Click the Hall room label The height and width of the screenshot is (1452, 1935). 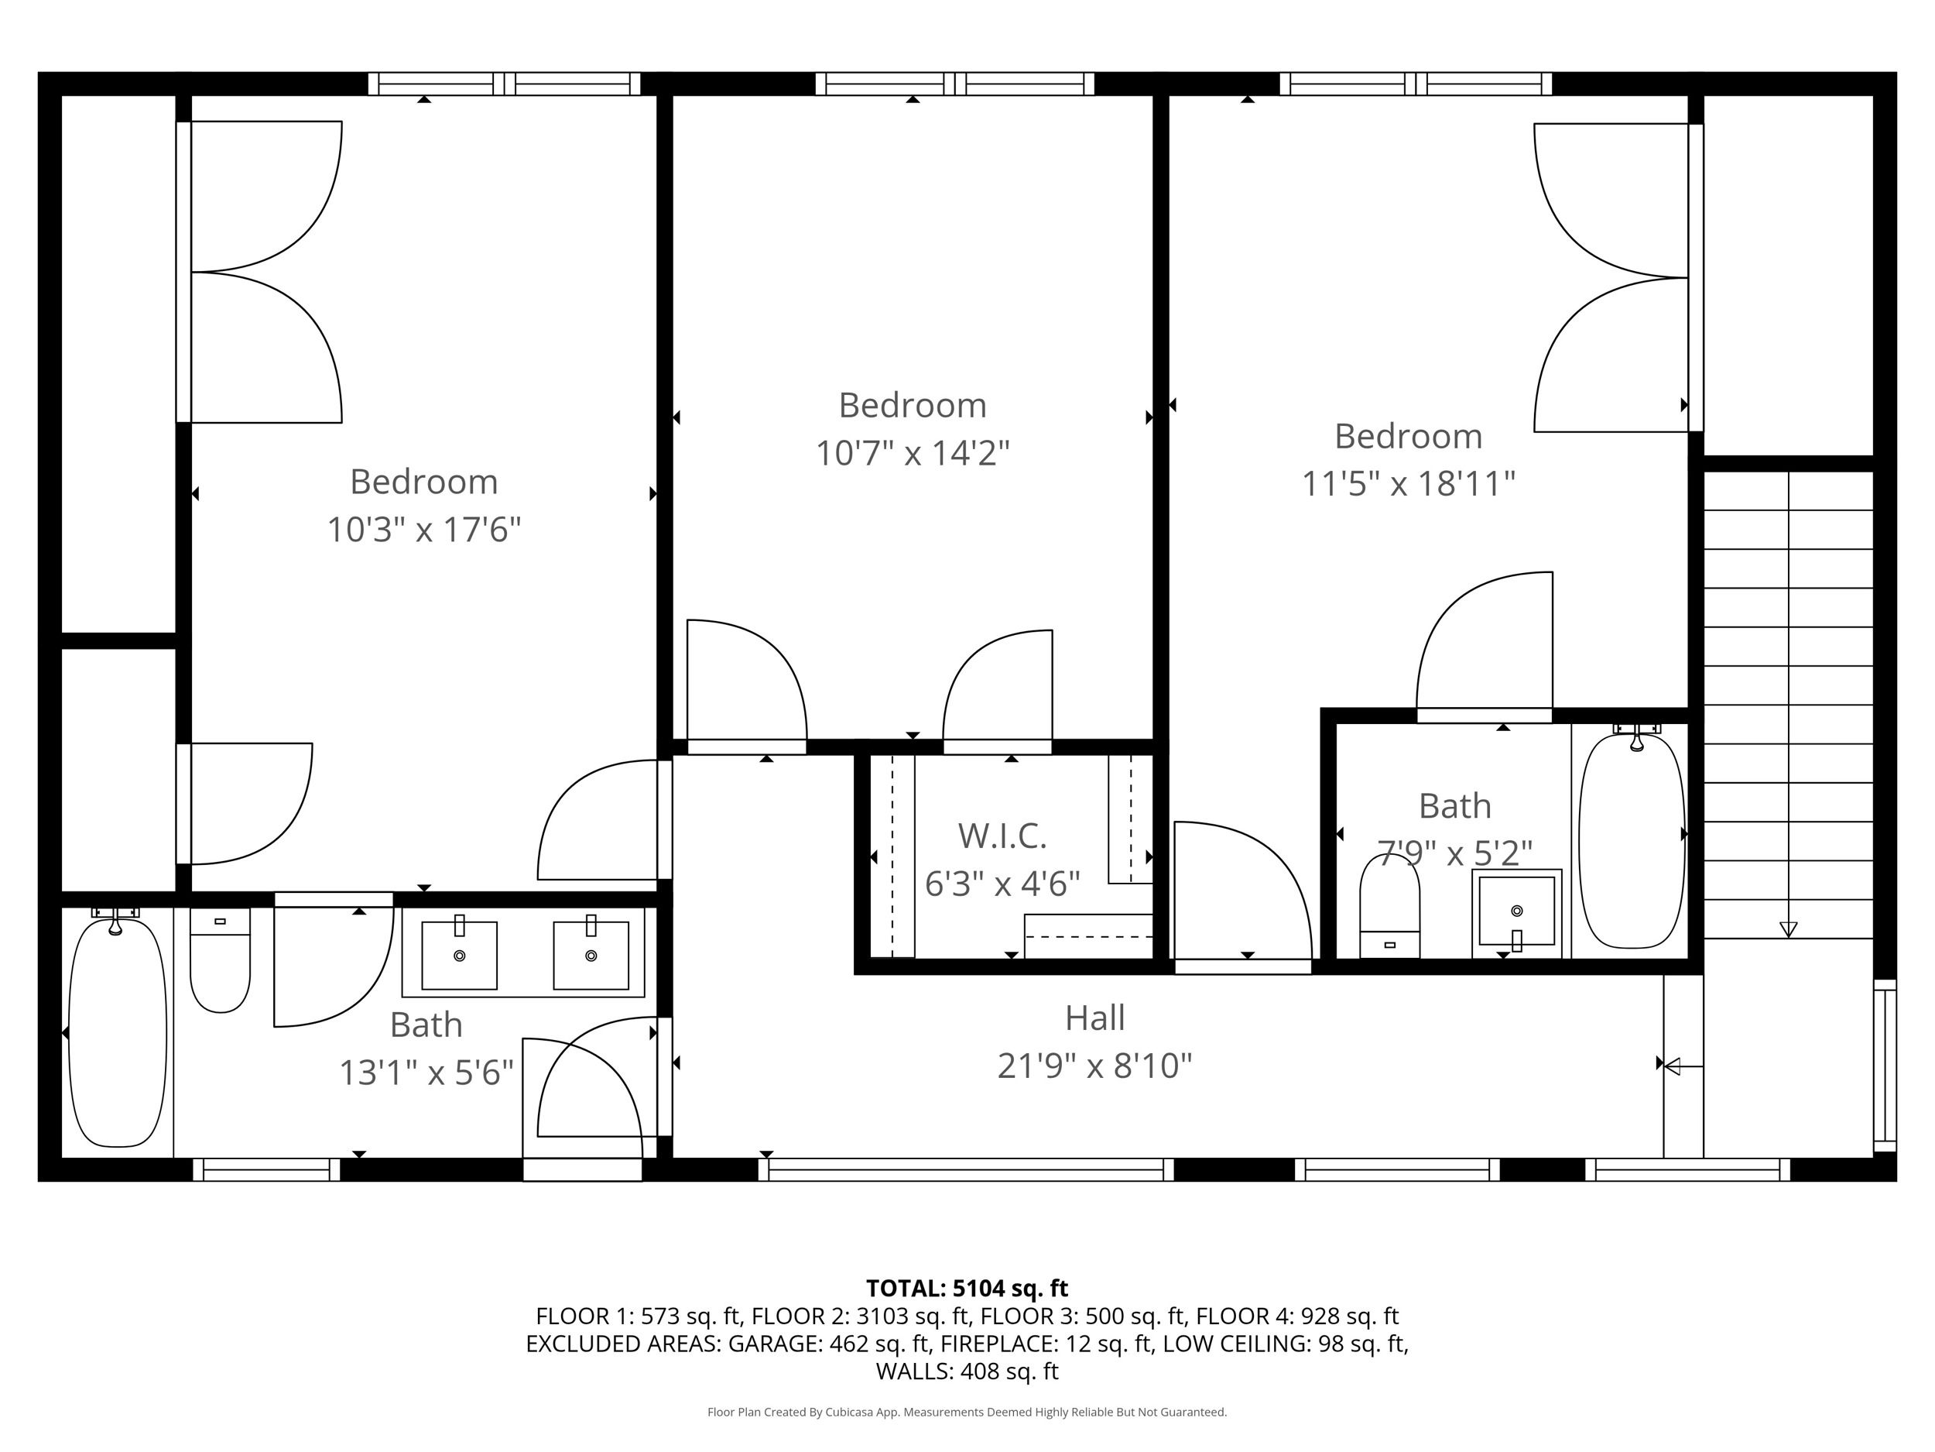pyautogui.click(x=1094, y=1018)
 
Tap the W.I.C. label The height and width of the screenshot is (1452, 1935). pyautogui.click(x=1002, y=836)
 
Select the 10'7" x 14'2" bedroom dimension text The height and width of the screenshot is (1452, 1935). pyautogui.click(x=913, y=453)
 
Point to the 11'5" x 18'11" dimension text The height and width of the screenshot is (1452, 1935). pyautogui.click(x=1409, y=483)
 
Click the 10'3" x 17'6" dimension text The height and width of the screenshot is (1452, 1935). pyautogui.click(x=424, y=530)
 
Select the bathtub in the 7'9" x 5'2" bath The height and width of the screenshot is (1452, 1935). pyautogui.click(x=1632, y=840)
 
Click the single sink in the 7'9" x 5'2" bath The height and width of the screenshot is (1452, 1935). pyautogui.click(x=1517, y=913)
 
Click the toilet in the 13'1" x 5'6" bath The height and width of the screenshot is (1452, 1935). pyautogui.click(x=221, y=960)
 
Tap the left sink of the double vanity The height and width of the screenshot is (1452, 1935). pyautogui.click(x=459, y=954)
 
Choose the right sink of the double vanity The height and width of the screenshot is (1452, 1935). pyautogui.click(x=591, y=954)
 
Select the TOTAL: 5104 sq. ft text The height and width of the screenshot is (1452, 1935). pyautogui.click(x=967, y=1289)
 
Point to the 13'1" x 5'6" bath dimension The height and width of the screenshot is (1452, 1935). pyautogui.click(x=426, y=1072)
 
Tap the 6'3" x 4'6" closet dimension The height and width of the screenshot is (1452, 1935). pyautogui.click(x=1002, y=884)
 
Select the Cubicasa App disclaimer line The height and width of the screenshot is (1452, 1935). pyautogui.click(x=967, y=1412)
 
